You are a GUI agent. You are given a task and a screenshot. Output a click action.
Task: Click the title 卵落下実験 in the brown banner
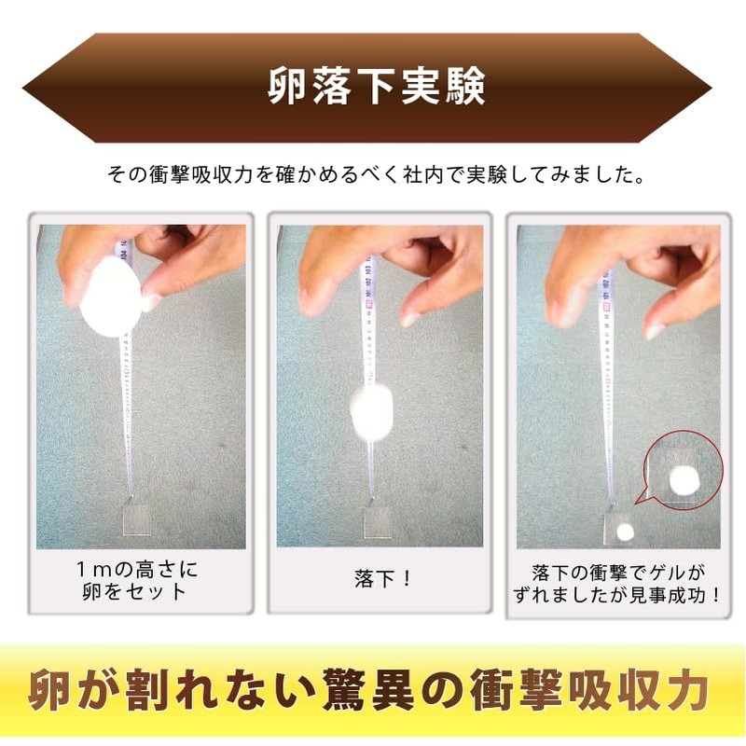pyautogui.click(x=377, y=86)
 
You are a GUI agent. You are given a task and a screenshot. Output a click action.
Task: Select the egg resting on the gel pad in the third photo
pyautogui.click(x=625, y=532)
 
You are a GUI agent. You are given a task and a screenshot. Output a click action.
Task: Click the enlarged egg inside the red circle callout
pyautogui.click(x=684, y=480)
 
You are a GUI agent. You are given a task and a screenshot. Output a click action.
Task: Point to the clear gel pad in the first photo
pyautogui.click(x=136, y=519)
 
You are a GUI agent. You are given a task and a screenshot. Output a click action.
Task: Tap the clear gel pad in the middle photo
pyautogui.click(x=378, y=522)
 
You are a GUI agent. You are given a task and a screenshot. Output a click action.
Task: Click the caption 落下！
pyautogui.click(x=381, y=578)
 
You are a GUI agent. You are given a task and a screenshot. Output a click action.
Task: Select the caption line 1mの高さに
pyautogui.click(x=137, y=569)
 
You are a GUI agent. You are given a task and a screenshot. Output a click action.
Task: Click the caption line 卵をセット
pyautogui.click(x=134, y=592)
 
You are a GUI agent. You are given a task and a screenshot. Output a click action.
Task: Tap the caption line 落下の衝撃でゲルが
pyautogui.click(x=618, y=573)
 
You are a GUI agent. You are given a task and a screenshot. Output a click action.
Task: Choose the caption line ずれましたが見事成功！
pyautogui.click(x=618, y=595)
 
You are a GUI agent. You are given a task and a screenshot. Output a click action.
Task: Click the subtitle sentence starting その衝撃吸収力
pyautogui.click(x=376, y=174)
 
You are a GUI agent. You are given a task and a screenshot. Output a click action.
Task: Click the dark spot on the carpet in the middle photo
pyautogui.click(x=464, y=448)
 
